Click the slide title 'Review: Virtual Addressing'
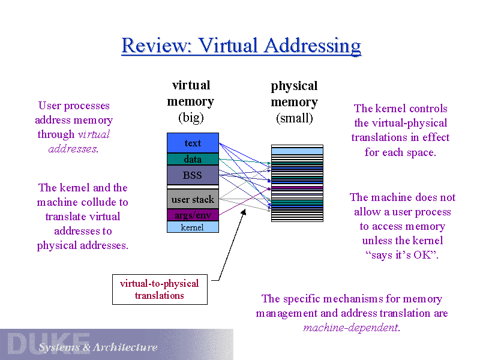(x=241, y=46)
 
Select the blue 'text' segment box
(x=193, y=143)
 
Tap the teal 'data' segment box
(x=193, y=159)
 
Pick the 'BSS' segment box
(x=193, y=175)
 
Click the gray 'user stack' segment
(x=193, y=199)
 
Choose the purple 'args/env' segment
(x=193, y=215)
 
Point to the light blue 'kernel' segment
(x=193, y=227)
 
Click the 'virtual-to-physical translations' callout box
(x=160, y=289)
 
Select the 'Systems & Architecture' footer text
(x=98, y=347)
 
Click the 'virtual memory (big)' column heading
(x=190, y=101)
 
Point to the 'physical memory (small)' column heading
(x=294, y=101)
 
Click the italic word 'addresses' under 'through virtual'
(x=72, y=149)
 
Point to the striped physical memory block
(x=297, y=183)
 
